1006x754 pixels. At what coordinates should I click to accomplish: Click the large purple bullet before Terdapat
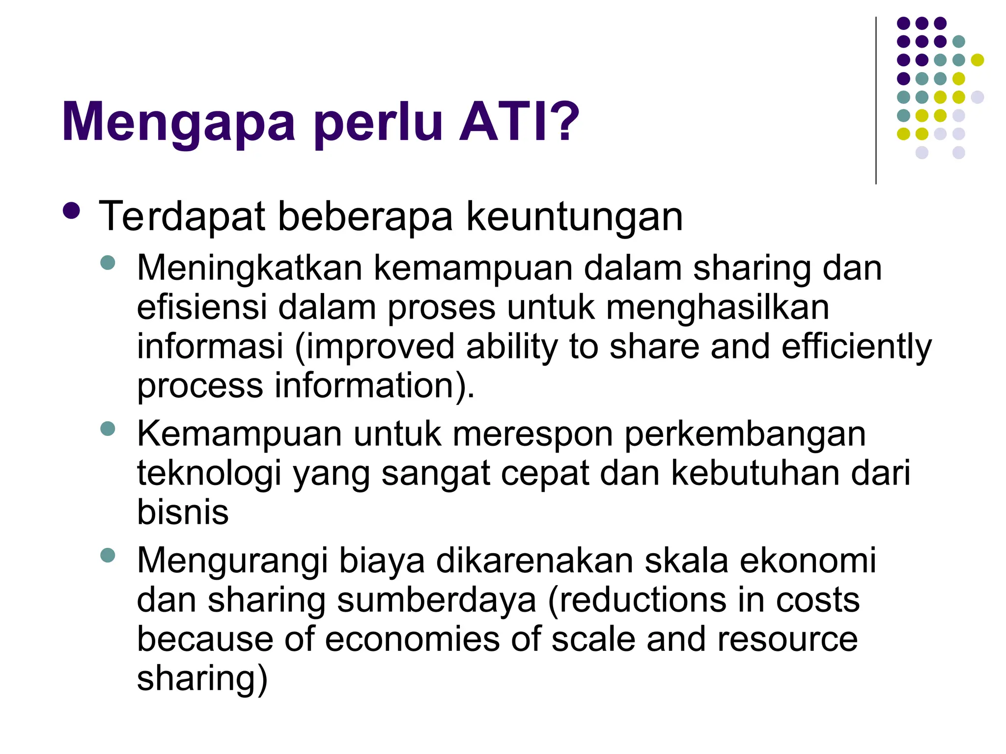click(x=72, y=211)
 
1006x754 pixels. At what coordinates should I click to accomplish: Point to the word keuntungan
click(x=574, y=217)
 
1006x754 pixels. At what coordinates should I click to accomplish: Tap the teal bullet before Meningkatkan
click(x=107, y=263)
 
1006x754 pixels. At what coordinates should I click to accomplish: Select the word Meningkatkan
click(x=250, y=269)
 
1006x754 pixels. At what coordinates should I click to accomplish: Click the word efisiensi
click(x=201, y=307)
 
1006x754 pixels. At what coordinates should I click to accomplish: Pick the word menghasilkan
click(x=718, y=308)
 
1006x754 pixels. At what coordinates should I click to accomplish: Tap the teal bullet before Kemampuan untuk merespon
click(x=107, y=429)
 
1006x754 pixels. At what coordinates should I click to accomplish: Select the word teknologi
click(x=209, y=474)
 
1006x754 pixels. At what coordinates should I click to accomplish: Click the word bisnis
click(x=183, y=512)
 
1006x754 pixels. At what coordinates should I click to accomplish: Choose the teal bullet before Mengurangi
click(x=107, y=555)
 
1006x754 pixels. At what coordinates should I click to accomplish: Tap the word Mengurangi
click(x=232, y=562)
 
